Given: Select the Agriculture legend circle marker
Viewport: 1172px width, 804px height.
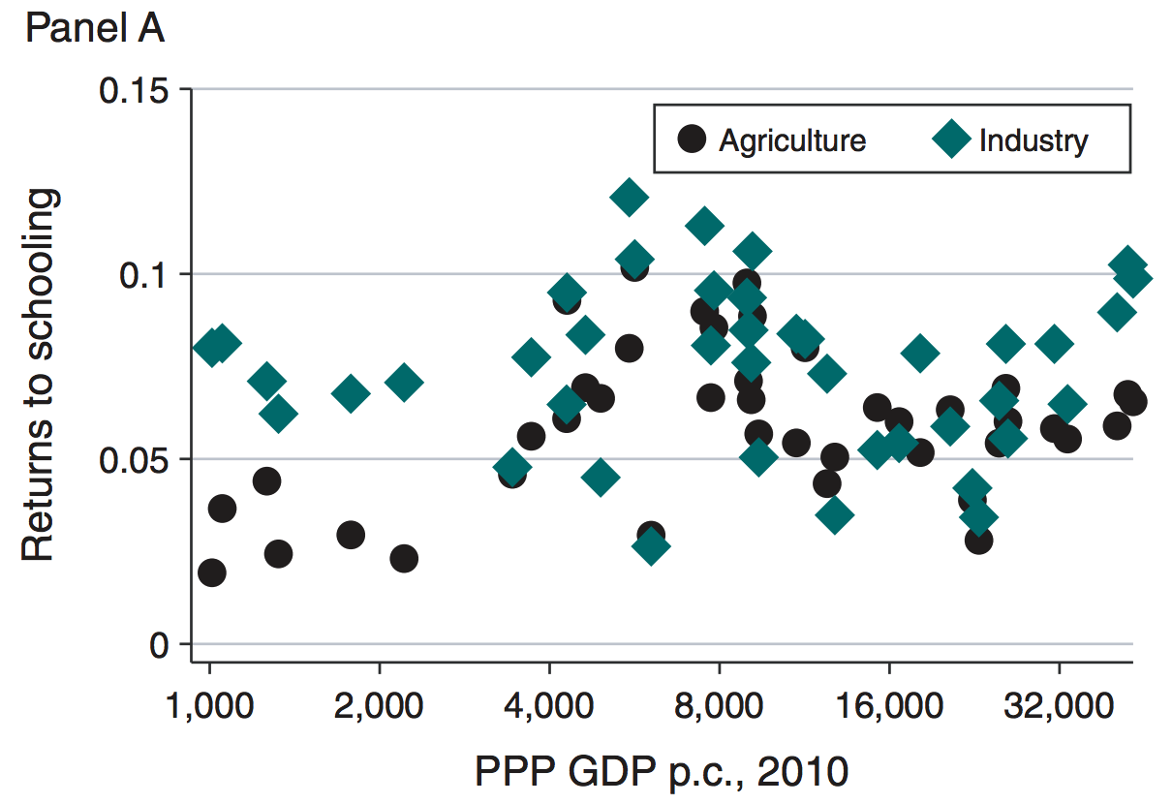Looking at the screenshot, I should [x=692, y=139].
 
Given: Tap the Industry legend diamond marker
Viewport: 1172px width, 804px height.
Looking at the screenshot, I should [x=952, y=139].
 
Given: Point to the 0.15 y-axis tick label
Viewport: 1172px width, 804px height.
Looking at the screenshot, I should [x=135, y=90].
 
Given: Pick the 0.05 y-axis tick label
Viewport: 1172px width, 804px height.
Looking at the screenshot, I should [x=135, y=458].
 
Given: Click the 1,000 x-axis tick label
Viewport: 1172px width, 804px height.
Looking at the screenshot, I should [x=209, y=703].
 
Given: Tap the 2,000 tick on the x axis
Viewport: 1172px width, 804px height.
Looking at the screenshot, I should [x=379, y=703].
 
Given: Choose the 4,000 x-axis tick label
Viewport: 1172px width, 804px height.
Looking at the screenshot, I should [x=549, y=703].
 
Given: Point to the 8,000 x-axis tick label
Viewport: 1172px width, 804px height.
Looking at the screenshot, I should [x=720, y=703].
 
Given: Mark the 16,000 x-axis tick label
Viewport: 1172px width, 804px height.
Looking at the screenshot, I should [x=888, y=703].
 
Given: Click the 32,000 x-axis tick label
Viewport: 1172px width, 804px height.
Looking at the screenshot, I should [x=1059, y=703].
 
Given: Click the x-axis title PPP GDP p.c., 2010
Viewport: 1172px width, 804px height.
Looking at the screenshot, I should [x=662, y=772].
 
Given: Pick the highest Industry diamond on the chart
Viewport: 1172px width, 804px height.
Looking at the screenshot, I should [x=629, y=198].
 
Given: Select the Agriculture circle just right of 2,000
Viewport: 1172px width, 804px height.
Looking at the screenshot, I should [x=404, y=558].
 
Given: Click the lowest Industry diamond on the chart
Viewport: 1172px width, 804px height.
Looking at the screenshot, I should [x=651, y=546].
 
